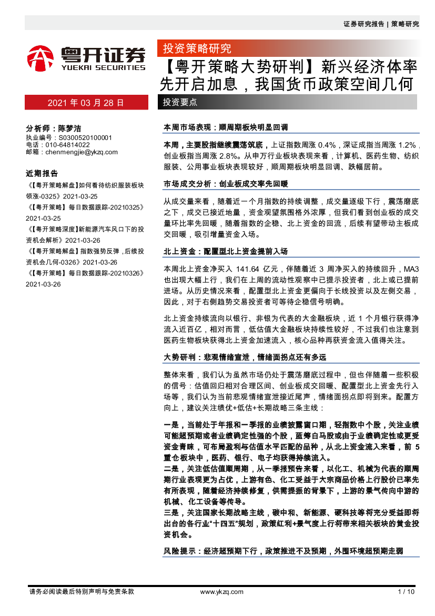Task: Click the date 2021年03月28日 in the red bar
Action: (x=86, y=103)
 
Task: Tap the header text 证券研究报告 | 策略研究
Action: (x=381, y=24)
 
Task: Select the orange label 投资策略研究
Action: (x=197, y=49)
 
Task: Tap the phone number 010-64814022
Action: (x=68, y=145)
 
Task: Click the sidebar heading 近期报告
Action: (x=42, y=173)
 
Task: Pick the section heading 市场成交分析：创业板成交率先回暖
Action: (x=226, y=184)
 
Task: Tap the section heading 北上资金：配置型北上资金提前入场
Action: (x=226, y=251)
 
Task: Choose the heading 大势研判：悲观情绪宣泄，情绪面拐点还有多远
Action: (x=245, y=357)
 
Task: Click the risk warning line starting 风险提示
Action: (x=284, y=551)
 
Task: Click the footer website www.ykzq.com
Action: (x=222, y=592)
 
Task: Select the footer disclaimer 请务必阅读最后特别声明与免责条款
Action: (x=82, y=592)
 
